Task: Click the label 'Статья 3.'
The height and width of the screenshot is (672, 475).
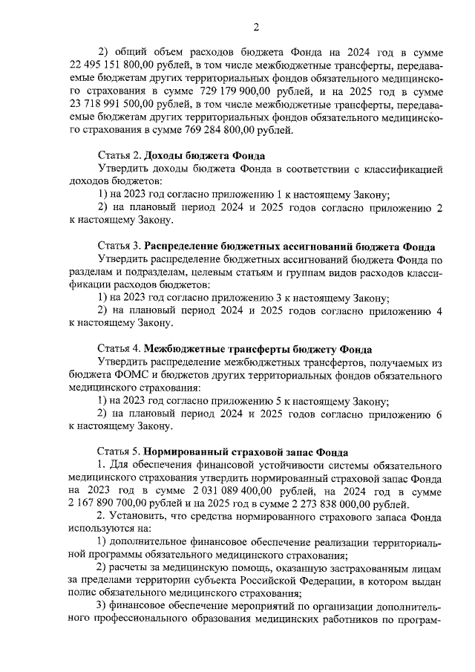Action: coord(119,246)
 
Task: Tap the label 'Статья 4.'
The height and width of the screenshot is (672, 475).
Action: coord(119,349)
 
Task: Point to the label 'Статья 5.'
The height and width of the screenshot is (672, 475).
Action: coord(119,451)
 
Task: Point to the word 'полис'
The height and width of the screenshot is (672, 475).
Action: coord(82,593)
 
